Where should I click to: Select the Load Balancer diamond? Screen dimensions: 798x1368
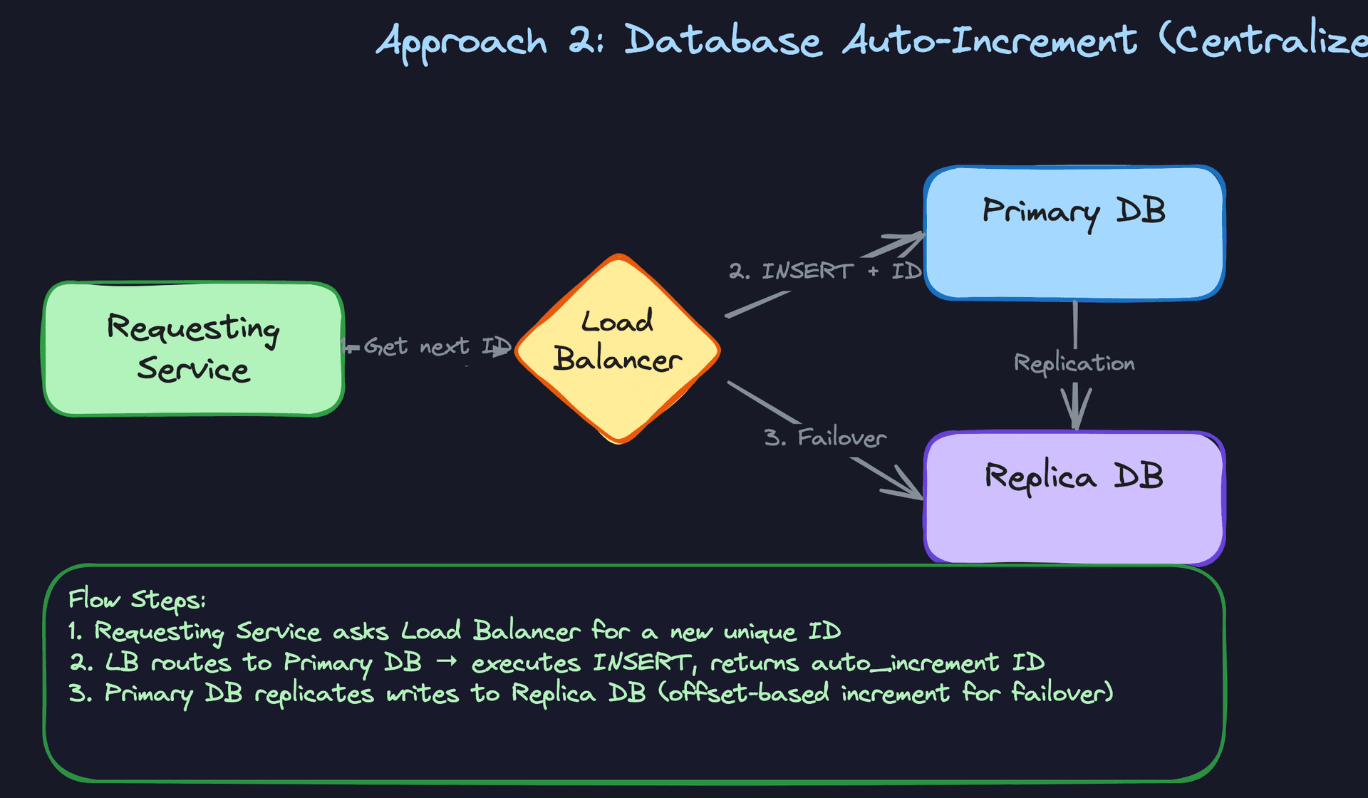pyautogui.click(x=617, y=349)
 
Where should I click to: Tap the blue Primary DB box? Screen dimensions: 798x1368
pyautogui.click(x=1074, y=233)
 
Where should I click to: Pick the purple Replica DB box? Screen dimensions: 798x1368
pyautogui.click(x=1074, y=498)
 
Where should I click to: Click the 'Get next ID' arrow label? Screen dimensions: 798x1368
pyautogui.click(x=436, y=347)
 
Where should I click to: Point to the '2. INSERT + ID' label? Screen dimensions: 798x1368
pyautogui.click(x=824, y=271)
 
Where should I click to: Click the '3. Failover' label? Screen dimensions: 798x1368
pyautogui.click(x=824, y=437)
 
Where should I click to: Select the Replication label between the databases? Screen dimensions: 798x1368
pyautogui.click(x=1074, y=363)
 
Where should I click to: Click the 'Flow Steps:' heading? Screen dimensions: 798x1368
pyautogui.click(x=137, y=599)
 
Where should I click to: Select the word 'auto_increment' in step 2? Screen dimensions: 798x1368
pyautogui.click(x=905, y=663)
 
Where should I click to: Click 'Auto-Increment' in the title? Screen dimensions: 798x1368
pyautogui.click(x=990, y=40)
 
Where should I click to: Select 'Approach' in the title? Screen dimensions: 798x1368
pyautogui.click(x=462, y=41)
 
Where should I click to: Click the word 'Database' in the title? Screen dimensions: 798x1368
pyautogui.click(x=722, y=40)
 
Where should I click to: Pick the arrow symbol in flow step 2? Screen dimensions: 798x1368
pyautogui.click(x=446, y=662)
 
